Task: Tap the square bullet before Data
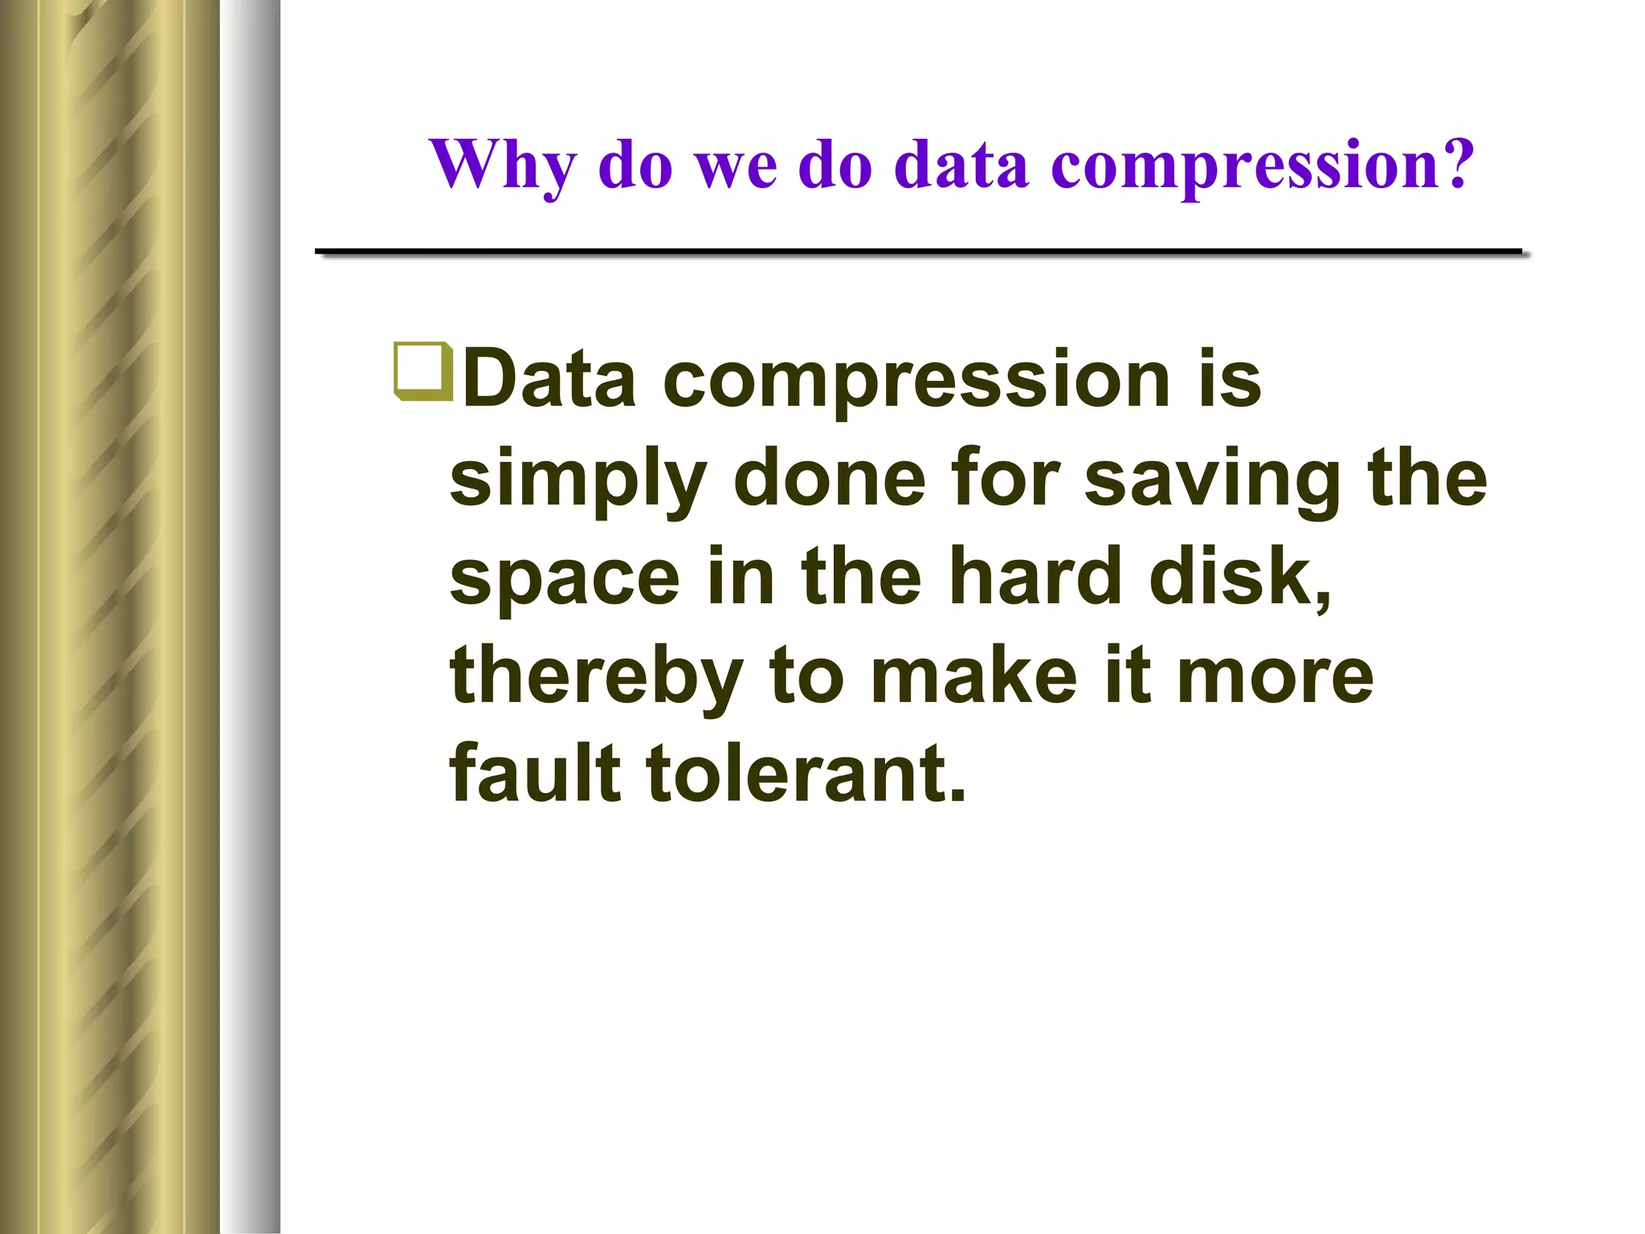(422, 371)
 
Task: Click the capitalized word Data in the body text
(550, 378)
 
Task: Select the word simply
(578, 480)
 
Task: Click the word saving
(1213, 480)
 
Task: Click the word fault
(535, 773)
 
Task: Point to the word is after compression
(1230, 378)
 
